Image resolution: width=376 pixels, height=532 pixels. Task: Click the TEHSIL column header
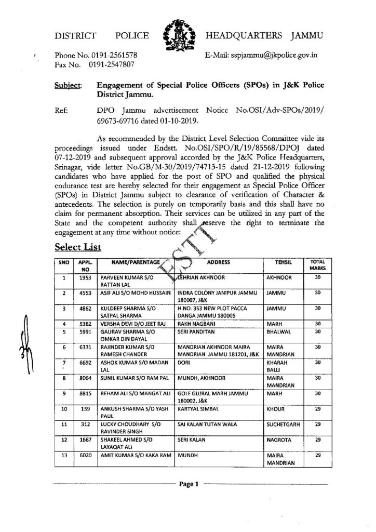274,263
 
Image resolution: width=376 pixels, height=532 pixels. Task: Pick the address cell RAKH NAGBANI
195,324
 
